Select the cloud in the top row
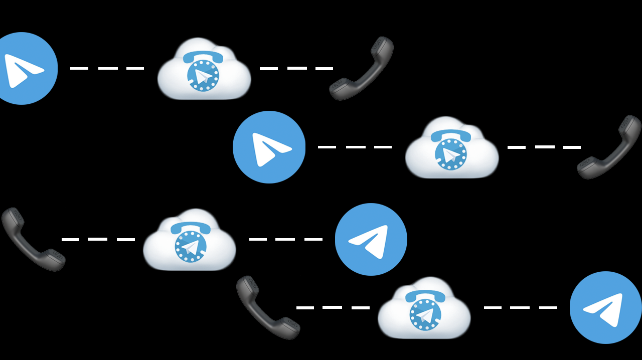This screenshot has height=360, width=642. click(204, 70)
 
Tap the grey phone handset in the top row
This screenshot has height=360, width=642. click(361, 69)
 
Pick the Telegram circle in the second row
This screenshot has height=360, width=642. click(269, 147)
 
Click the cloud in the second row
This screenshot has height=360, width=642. click(451, 149)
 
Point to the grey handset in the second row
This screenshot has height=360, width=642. click(609, 147)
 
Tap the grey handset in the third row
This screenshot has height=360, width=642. click(33, 239)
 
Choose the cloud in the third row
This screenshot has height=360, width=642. click(190, 241)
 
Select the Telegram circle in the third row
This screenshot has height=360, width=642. click(371, 239)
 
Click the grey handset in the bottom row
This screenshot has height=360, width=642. click(268, 307)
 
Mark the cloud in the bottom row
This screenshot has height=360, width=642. click(424, 309)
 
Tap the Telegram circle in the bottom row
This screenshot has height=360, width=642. click(606, 307)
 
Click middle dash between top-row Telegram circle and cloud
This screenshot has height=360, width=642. click(108, 68)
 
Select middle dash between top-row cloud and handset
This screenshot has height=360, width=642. click(297, 68)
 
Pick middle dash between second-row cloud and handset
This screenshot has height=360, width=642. click(545, 147)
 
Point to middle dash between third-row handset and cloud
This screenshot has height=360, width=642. click(97, 239)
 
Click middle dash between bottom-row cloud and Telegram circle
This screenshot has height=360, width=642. click(520, 307)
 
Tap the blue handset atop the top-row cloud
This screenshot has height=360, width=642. click(203, 57)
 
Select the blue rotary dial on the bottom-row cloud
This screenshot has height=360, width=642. click(425, 315)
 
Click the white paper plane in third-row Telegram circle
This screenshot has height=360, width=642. click(370, 241)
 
